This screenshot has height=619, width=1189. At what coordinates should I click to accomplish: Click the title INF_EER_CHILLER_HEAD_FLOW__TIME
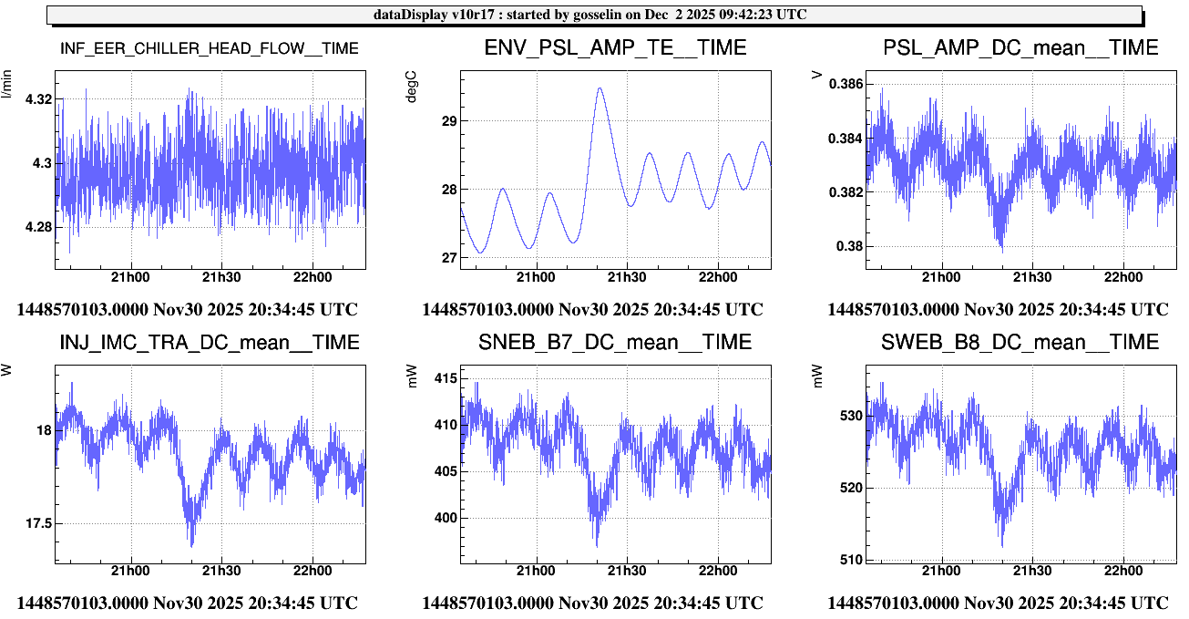[209, 48]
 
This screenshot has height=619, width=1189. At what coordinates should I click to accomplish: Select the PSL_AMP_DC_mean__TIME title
[1020, 48]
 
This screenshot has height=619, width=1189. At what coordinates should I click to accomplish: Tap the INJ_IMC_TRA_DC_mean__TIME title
[209, 343]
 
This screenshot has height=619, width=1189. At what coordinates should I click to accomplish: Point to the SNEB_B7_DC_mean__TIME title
[615, 343]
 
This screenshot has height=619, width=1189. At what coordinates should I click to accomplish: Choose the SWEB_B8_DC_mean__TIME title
[1020, 343]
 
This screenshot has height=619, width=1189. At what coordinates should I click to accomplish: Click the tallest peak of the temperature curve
[600, 88]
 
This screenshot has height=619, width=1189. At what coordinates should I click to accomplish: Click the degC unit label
[412, 85]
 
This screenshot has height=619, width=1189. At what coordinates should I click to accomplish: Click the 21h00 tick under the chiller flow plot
[130, 277]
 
